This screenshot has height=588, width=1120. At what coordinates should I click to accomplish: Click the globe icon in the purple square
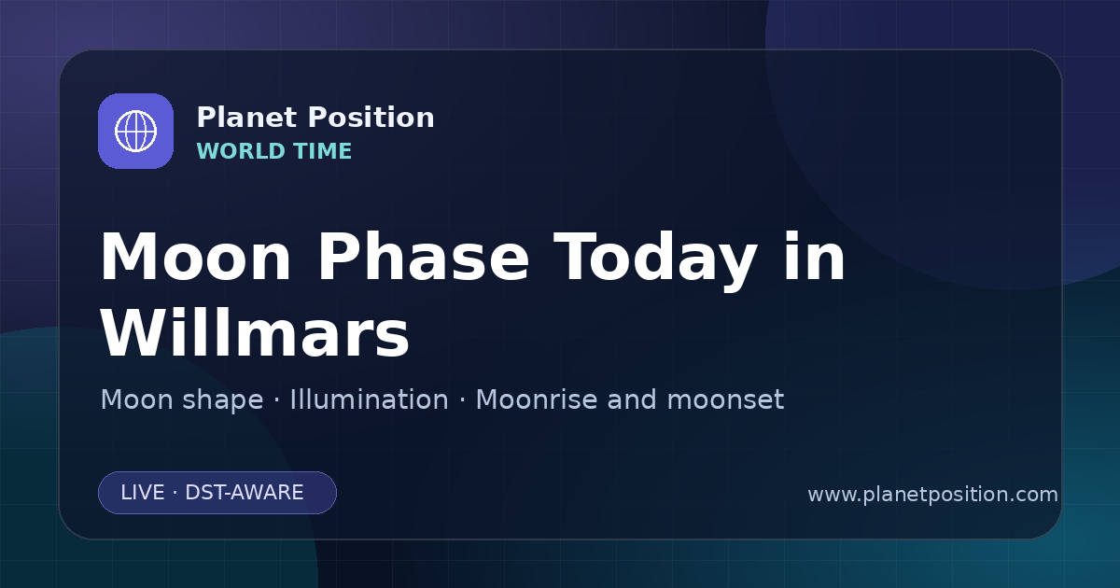point(135,131)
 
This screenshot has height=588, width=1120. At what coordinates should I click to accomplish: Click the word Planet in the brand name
point(247,118)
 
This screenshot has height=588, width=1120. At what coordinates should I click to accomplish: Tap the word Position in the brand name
point(371,118)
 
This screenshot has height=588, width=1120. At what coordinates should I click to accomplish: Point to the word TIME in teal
point(323,151)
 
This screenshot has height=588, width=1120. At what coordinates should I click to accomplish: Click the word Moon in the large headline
point(195,258)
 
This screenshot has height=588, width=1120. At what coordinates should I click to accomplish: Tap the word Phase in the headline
point(423,257)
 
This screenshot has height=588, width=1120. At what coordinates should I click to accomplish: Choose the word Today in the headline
point(655,261)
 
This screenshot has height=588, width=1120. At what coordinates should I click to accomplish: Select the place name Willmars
point(255,332)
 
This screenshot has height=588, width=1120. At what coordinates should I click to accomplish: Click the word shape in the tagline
point(222,401)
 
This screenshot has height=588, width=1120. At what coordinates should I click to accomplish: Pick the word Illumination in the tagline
point(369,399)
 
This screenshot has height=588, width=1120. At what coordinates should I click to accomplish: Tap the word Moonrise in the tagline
point(541,399)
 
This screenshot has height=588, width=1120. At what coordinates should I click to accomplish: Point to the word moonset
point(725,400)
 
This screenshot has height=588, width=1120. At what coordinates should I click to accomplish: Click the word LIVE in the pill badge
point(143,493)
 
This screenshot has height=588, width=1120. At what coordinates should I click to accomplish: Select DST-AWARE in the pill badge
point(245,493)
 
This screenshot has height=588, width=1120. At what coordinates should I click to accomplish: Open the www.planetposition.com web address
point(933,495)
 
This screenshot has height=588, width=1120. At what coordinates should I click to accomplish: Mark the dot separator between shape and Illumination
point(276,400)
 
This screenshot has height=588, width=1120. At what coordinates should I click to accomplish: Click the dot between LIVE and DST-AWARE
point(175,493)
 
